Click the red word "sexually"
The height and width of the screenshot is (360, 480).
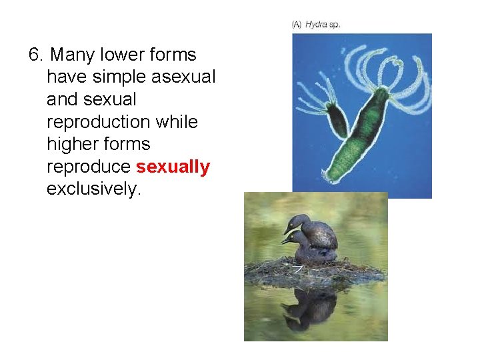tap(173, 167)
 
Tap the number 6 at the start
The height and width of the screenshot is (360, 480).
tap(35, 55)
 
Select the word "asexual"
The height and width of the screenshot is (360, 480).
tap(183, 77)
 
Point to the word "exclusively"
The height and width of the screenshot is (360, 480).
tap(93, 189)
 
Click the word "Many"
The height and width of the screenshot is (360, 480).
tap(72, 55)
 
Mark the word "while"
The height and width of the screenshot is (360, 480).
tap(177, 122)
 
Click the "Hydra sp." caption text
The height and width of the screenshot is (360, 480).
tap(323, 25)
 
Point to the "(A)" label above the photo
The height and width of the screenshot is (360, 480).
tap(297, 25)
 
